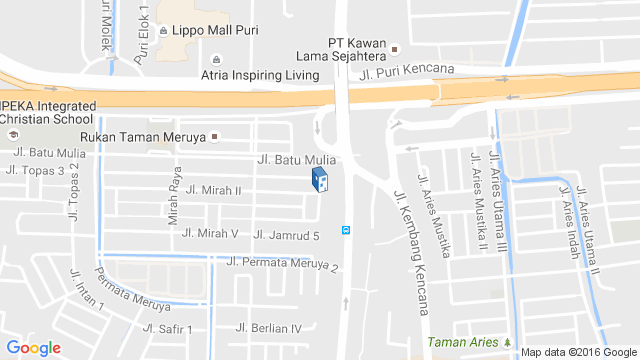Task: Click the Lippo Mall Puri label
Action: click(216, 30)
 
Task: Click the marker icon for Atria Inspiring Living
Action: click(217, 58)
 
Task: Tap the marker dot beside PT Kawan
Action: click(395, 48)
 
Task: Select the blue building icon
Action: click(318, 180)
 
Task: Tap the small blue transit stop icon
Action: click(346, 229)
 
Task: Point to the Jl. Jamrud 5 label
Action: click(286, 235)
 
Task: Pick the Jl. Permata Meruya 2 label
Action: click(283, 264)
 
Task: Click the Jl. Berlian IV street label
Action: click(268, 328)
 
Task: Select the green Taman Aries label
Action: click(462, 342)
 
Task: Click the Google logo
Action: click(34, 348)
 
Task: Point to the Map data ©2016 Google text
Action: click(577, 351)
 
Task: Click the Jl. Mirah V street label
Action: click(210, 233)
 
